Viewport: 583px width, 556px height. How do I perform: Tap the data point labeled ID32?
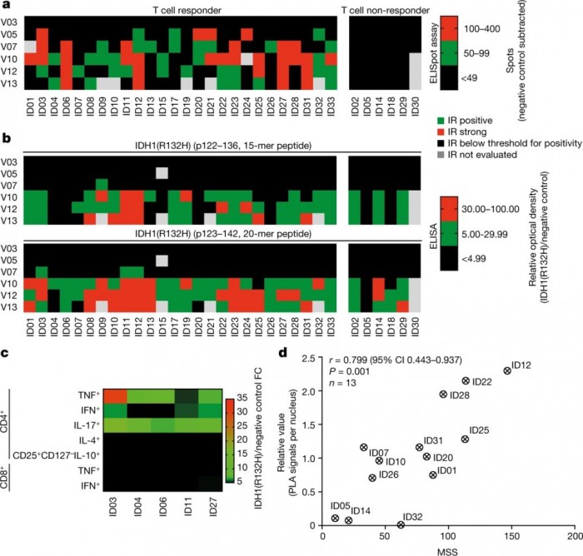coord(401,524)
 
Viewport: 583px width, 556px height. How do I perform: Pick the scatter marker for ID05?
coord(335,518)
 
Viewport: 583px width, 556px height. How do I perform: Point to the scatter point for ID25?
coord(465,439)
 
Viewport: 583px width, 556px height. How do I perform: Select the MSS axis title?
coord(447,551)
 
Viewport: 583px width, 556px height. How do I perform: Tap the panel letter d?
coord(284,354)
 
